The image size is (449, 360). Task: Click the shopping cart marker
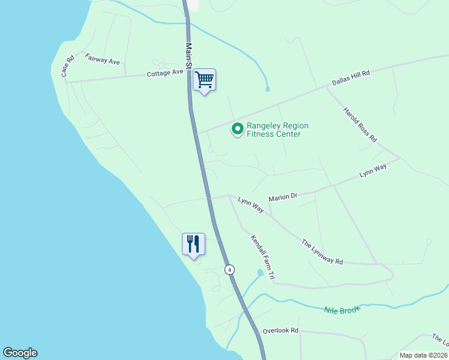[204, 80]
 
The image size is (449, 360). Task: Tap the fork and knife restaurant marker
[193, 244]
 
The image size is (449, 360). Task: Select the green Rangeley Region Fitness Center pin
[238, 129]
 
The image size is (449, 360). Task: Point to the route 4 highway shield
[230, 270]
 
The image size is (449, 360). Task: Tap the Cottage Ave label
[165, 73]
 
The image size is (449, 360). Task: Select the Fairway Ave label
[103, 59]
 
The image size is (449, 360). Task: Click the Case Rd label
[67, 66]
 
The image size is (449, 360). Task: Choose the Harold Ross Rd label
[360, 124]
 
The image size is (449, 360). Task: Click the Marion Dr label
[283, 196]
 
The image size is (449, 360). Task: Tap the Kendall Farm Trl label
[262, 257]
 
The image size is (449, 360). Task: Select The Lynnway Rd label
[322, 253]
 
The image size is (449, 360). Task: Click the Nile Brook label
[342, 310]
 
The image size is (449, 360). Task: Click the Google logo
[20, 353]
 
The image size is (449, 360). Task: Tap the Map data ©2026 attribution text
[423, 355]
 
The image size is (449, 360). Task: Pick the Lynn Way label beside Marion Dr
[251, 205]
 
